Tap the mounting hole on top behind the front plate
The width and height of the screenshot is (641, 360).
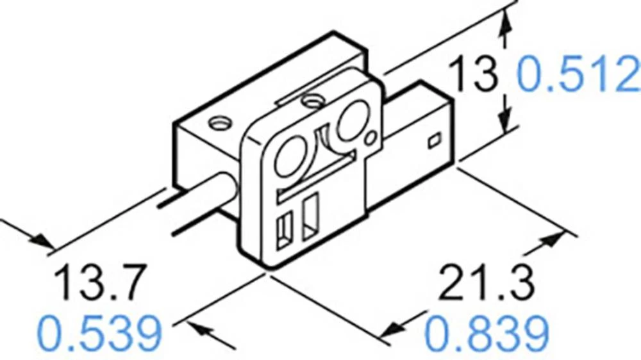tap(312, 100)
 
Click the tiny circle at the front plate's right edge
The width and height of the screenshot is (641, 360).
tap(370, 138)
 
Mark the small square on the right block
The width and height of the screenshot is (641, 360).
tap(434, 139)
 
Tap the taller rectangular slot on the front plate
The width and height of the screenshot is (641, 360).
tap(312, 218)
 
